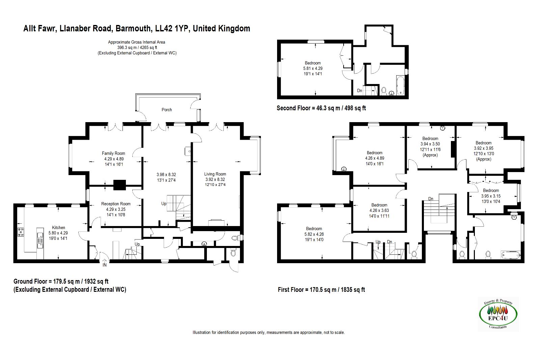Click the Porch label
[167, 110]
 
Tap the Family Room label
[113, 153]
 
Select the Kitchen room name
[58, 227]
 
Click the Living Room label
[215, 174]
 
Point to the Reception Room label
[116, 204]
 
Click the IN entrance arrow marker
[105, 262]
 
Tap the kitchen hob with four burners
[21, 232]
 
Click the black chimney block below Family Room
[119, 185]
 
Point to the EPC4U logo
[498, 314]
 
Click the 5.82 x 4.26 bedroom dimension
[314, 234]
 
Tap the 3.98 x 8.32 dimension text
[166, 175]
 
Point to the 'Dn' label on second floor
[359, 91]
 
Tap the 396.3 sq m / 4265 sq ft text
[137, 48]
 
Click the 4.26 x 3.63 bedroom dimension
[379, 211]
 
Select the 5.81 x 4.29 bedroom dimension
[313, 68]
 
